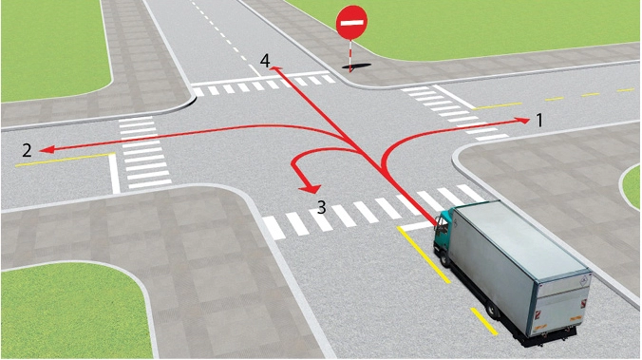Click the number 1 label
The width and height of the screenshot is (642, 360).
coord(539,121)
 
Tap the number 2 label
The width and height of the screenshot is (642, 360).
coord(27,150)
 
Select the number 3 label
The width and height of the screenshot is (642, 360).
coord(322,207)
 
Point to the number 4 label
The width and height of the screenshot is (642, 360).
coord(265,61)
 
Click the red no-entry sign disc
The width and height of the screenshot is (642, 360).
coord(351,23)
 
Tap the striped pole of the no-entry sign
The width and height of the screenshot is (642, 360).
coord(350,55)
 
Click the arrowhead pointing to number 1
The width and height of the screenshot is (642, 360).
coord(522,120)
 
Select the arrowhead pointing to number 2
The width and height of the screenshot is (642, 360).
coord(47,150)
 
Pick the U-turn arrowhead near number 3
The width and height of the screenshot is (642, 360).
coord(310,188)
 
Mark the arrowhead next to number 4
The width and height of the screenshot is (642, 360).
coord(275,70)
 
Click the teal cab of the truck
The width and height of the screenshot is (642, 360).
coord(444,230)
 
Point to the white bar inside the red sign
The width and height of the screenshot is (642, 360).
coord(351,23)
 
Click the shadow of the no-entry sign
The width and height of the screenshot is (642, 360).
coord(357,66)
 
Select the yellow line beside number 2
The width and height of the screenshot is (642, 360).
coord(65,160)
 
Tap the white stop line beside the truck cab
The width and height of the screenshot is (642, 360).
coord(417,226)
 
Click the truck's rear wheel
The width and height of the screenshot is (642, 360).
coord(492,310)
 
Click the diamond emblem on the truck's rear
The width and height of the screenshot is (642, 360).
coord(583,281)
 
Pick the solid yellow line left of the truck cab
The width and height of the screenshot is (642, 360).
coord(424,256)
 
